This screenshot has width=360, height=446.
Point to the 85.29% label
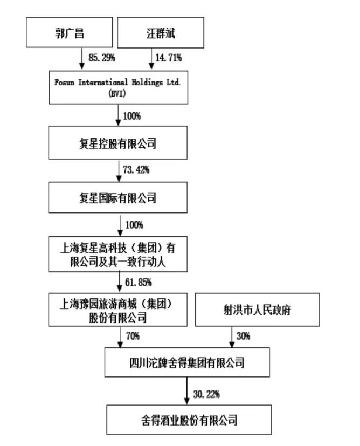[x=102, y=58]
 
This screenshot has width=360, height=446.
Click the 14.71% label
[x=169, y=58]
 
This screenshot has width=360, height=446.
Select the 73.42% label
[x=136, y=170]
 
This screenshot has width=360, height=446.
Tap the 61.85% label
[x=139, y=282]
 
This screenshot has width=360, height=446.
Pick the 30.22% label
[x=206, y=394]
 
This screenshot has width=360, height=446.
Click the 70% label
[x=133, y=336]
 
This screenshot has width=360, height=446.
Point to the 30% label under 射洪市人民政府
[x=244, y=336]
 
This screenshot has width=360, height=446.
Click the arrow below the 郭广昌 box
[x=82, y=58]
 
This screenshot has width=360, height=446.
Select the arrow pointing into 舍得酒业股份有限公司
[x=186, y=391]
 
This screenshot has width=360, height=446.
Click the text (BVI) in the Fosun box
[x=117, y=93]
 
